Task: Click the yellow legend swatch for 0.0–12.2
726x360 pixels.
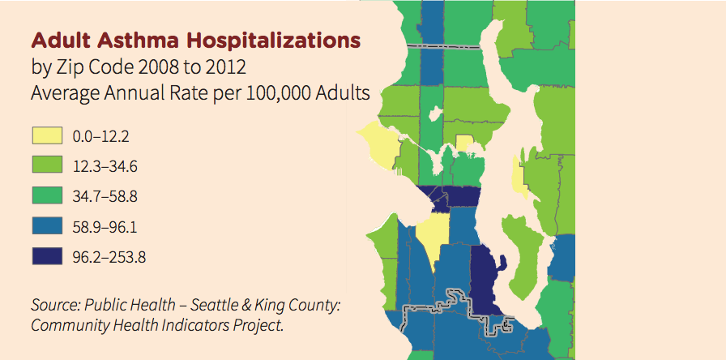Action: pyautogui.click(x=47, y=136)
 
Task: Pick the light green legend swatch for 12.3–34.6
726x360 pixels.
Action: pyautogui.click(x=47, y=165)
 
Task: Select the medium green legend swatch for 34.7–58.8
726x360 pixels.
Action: pyautogui.click(x=47, y=195)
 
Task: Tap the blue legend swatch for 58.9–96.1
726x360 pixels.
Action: pyautogui.click(x=47, y=226)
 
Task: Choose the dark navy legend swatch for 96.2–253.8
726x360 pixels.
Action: pyautogui.click(x=47, y=256)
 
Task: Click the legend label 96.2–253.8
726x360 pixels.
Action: pyautogui.click(x=109, y=257)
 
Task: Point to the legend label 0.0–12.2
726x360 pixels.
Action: pyautogui.click(x=100, y=137)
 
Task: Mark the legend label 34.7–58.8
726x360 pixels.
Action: pyautogui.click(x=105, y=197)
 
